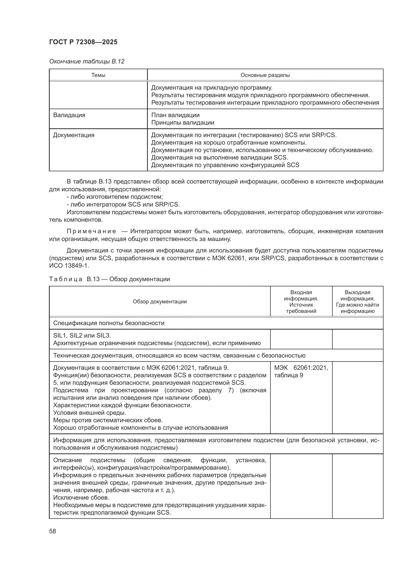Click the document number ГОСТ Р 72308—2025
(83, 42)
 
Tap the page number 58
(53, 531)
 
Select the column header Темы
(98, 75)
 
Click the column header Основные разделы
(265, 75)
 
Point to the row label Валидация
(69, 115)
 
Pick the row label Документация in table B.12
(73, 135)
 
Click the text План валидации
(175, 115)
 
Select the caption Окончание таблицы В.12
(86, 61)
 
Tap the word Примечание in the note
(91, 231)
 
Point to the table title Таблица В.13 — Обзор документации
(109, 279)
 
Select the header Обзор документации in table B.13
(160, 301)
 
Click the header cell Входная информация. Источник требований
(301, 301)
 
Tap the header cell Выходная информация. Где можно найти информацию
(357, 301)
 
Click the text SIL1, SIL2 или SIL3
(82, 336)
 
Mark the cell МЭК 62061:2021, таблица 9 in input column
(301, 371)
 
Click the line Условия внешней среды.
(90, 412)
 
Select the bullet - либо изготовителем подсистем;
(115, 196)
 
